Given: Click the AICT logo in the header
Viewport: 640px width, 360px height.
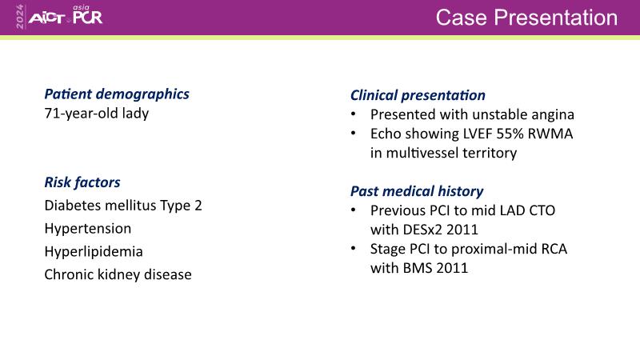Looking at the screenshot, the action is coord(46,18).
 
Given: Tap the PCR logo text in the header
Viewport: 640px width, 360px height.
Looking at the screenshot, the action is coord(88,17).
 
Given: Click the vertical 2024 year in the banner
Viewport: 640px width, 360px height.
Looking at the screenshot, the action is coord(19,17).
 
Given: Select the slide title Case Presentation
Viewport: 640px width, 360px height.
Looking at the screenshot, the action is coord(526,18).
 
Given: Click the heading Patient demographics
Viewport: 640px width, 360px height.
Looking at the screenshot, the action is coord(117,94).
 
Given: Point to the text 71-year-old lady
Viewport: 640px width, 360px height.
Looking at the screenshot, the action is coord(97,113).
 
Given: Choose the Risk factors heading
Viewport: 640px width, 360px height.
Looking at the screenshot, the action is coord(82,182).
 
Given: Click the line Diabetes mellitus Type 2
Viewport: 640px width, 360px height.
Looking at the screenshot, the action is coord(123,206).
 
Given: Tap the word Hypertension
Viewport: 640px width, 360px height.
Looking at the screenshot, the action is coord(88,229).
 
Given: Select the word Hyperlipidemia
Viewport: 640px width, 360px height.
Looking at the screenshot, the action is coord(94,251).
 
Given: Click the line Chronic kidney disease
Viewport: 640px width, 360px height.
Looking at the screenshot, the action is coord(118,274).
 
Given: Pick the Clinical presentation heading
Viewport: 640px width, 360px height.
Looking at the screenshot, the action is coord(418,95).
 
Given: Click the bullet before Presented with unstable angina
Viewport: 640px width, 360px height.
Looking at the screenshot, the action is coord(354,114).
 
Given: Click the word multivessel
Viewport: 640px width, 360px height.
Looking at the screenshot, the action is coord(432,153).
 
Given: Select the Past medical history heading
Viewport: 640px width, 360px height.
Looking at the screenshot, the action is coord(417,191).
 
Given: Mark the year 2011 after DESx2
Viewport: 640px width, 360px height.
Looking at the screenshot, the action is coord(462,230).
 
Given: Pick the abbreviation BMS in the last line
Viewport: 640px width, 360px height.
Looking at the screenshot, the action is coord(418,268).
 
